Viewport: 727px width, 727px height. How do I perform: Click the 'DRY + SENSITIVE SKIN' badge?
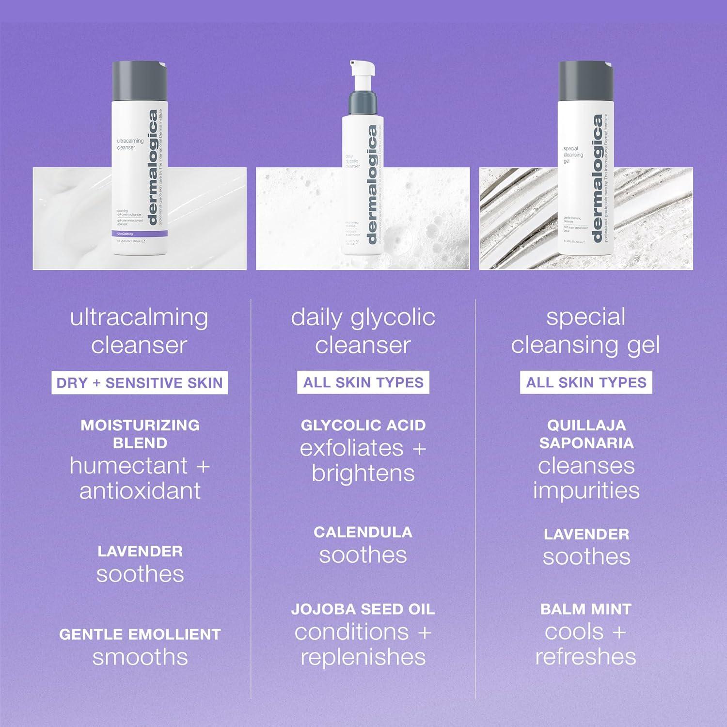click(140, 383)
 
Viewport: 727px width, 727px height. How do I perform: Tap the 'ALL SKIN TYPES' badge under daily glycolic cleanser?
click(363, 383)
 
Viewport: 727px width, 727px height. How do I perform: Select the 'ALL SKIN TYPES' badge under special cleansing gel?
click(586, 383)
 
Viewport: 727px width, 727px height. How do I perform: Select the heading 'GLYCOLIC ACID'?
click(363, 426)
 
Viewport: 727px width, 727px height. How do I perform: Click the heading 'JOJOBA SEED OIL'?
click(363, 609)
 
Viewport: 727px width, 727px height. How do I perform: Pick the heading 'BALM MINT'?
click(586, 609)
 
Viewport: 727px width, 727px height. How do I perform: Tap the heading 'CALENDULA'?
click(363, 532)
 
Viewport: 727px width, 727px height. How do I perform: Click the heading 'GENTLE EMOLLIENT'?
click(140, 634)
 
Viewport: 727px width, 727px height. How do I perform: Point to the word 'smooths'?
click(140, 658)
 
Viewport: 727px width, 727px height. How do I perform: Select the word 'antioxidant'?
click(140, 491)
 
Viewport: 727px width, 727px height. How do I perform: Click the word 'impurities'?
click(586, 490)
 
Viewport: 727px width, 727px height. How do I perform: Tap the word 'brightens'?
click(363, 474)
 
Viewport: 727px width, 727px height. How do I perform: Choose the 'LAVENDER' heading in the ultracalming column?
click(140, 551)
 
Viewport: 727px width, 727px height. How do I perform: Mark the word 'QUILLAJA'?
click(586, 426)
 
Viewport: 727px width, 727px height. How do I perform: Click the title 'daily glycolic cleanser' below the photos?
click(363, 331)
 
